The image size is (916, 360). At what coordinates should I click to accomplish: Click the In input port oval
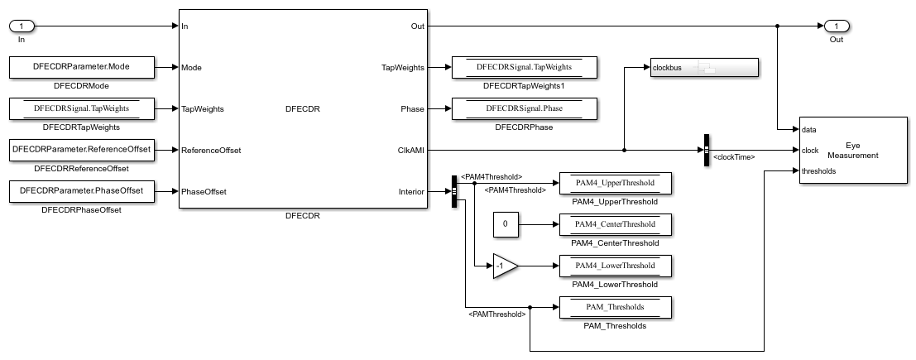(27, 26)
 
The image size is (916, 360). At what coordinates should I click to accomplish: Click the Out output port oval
(837, 26)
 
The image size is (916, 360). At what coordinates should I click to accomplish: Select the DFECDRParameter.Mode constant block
(82, 67)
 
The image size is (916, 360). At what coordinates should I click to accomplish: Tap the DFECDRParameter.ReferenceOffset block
(82, 150)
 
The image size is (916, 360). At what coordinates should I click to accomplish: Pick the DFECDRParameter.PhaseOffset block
(82, 192)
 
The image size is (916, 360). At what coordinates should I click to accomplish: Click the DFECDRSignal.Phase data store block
(524, 108)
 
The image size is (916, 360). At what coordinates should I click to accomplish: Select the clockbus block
(703, 68)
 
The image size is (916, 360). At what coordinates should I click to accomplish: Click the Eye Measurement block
(852, 150)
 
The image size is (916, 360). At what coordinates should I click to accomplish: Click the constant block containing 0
(506, 224)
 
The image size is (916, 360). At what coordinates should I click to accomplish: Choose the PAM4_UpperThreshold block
(615, 183)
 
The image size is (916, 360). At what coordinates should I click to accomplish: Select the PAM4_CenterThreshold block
(615, 224)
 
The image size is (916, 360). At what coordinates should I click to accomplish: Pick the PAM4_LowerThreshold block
(615, 266)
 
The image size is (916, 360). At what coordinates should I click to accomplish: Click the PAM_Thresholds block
(615, 307)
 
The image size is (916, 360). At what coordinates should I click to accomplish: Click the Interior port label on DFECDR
(410, 192)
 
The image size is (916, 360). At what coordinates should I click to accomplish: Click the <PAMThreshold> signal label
(497, 314)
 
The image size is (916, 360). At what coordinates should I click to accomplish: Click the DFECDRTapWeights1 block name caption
(524, 86)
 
